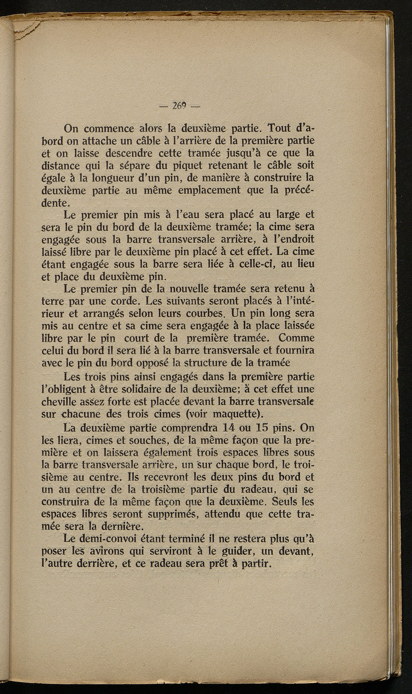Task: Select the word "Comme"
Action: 295,337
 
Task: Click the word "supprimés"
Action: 171,514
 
